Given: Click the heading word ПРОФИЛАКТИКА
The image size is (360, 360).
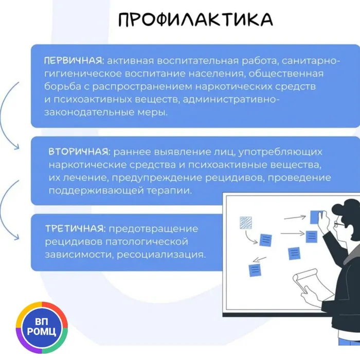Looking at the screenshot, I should click(195, 20).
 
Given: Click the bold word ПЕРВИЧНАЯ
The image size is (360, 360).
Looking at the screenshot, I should click(72, 61).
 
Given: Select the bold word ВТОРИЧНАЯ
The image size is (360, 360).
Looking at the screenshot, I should click(79, 152).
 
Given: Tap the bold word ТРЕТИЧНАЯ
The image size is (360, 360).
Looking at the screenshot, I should click(75, 228).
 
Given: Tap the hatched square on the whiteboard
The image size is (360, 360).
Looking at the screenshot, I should click(246, 222).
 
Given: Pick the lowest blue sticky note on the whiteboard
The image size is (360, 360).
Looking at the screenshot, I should click(255, 270).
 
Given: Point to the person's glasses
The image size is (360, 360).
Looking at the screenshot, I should click(339, 224).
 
